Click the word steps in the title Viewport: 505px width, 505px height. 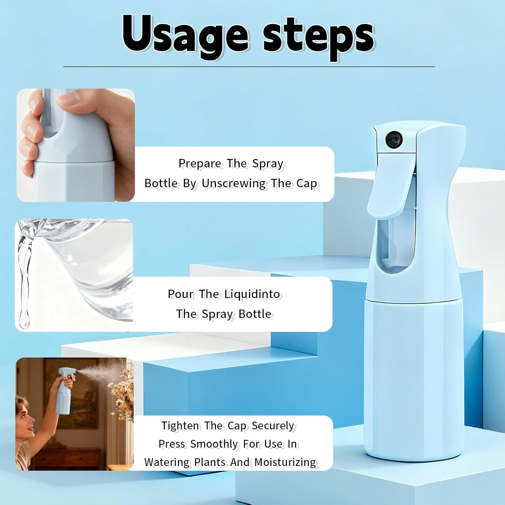click(318, 37)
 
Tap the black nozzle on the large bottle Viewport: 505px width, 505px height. click(394, 139)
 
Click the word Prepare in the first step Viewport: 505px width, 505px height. click(200, 164)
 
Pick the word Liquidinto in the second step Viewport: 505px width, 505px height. click(252, 294)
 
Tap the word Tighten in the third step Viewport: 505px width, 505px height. click(180, 426)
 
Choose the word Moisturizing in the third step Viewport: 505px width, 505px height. click(285, 462)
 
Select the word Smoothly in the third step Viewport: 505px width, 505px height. click(214, 444)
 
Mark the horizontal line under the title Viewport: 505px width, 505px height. click(249, 67)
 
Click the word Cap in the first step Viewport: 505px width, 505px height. click(306, 183)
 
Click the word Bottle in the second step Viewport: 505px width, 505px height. click(255, 314)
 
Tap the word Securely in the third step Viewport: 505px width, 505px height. click(273, 426)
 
